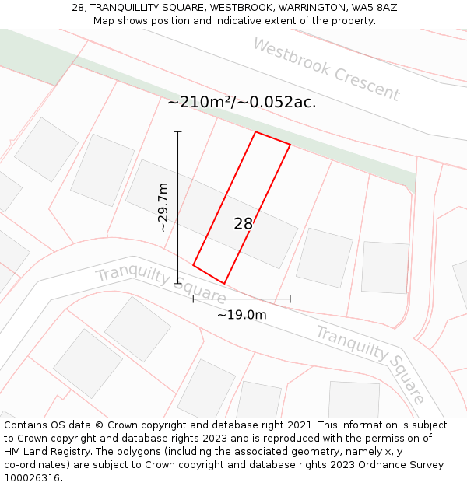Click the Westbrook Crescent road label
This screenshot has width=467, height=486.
pos(326,69)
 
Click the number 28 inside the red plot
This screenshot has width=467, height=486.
pos(243,224)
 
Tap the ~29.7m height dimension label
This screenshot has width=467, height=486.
pos(163,208)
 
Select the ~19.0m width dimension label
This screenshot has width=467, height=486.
pos(241,315)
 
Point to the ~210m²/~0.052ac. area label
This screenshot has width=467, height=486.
pos(241,102)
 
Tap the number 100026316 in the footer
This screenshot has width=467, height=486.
pos(31,477)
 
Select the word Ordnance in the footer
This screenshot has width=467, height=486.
pos(362,464)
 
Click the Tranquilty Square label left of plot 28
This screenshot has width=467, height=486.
pos(160,285)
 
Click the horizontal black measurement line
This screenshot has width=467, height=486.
pos(241,299)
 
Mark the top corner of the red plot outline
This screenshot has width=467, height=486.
pos(256,132)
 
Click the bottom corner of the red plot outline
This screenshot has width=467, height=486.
pos(224,283)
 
